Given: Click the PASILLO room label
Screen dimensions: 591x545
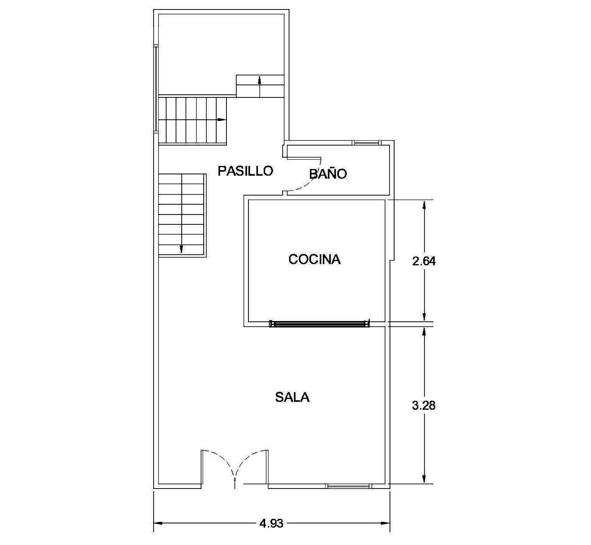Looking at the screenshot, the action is click(x=245, y=171).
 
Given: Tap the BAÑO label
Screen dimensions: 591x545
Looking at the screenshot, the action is click(x=328, y=174).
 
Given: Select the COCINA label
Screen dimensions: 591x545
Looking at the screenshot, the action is click(x=314, y=259).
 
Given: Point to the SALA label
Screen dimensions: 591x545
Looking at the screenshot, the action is click(x=292, y=397).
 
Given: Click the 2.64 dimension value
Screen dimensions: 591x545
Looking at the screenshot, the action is click(x=424, y=261).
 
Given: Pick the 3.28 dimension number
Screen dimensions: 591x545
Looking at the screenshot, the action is click(x=424, y=406).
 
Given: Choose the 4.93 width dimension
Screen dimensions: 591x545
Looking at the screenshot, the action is click(x=271, y=523).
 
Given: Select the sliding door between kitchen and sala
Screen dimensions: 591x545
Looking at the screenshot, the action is click(x=319, y=324).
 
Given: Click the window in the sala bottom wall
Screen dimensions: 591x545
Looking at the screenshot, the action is click(x=348, y=486).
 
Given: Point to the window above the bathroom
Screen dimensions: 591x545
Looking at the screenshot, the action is click(x=366, y=143).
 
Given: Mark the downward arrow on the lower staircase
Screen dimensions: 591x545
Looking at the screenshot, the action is click(x=181, y=249).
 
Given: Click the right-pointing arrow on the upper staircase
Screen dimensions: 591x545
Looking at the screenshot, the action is click(x=221, y=120).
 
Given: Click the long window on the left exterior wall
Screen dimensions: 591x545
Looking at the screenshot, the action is click(x=156, y=89).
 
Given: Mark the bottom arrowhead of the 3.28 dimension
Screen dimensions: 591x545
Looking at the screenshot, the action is click(x=424, y=479).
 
